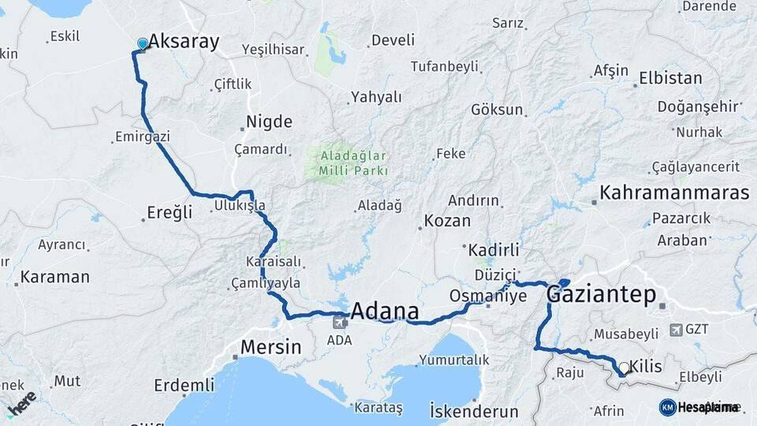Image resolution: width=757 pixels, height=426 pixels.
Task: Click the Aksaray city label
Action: tap(184, 42)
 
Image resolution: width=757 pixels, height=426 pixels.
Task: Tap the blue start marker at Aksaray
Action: tap(142, 43)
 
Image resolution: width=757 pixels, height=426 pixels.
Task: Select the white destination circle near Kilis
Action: tap(624, 368)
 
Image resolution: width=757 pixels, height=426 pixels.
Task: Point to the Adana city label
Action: tap(384, 310)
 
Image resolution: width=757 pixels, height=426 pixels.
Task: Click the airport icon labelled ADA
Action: tap(341, 322)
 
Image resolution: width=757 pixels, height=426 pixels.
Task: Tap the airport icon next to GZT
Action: tap(676, 329)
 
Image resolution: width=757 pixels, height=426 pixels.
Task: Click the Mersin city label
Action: tap(270, 346)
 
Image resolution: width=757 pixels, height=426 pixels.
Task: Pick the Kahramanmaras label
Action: tap(674, 192)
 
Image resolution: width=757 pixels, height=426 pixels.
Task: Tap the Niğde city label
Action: tap(269, 121)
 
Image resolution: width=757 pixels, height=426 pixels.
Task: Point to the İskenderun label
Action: tap(474, 411)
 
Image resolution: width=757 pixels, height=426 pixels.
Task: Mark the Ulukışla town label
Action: tap(239, 206)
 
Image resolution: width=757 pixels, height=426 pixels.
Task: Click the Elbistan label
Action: tap(670, 78)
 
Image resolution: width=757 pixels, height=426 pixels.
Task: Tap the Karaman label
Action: tap(54, 277)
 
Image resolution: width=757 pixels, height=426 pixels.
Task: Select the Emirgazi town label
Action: tap(142, 137)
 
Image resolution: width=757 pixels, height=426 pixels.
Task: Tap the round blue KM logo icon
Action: tap(667, 407)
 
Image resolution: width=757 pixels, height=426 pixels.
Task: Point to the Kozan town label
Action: tap(447, 221)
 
